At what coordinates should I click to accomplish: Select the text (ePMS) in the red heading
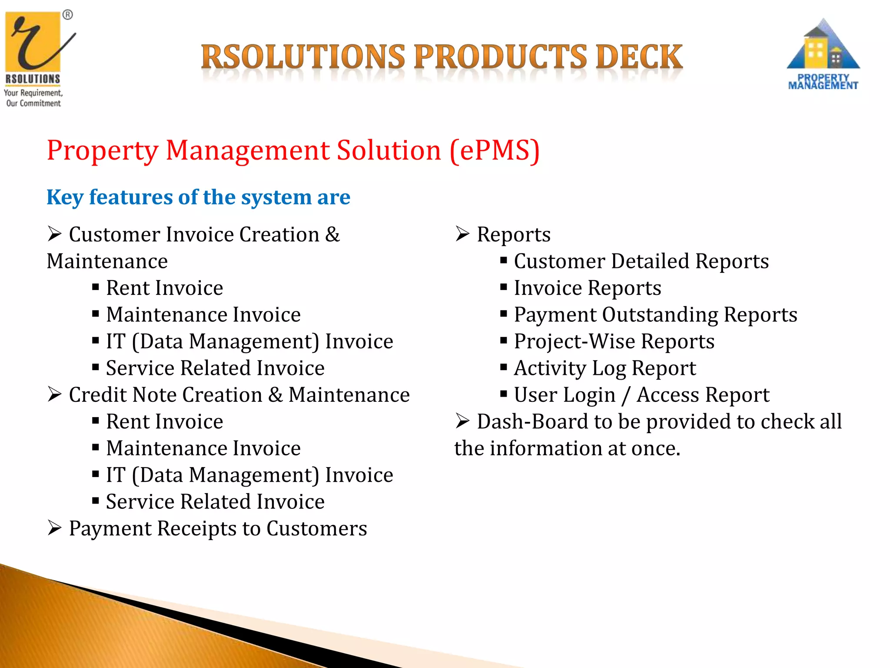point(495,150)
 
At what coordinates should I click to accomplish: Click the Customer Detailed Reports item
point(641,261)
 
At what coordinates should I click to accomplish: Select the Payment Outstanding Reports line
point(655,315)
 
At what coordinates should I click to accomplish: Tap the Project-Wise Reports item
point(614,341)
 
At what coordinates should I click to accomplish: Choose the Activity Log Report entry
point(604,368)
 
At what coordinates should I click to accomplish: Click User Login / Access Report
point(641,395)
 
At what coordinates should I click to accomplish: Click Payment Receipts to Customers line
point(217,529)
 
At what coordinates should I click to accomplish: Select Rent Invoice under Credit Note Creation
point(164,422)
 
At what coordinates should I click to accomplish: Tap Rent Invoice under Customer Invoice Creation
point(164,288)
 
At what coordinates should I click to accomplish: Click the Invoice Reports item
point(587,288)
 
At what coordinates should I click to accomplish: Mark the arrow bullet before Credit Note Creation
point(55,394)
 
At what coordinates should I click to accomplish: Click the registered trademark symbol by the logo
point(68,15)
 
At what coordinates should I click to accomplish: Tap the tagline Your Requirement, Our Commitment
point(33,98)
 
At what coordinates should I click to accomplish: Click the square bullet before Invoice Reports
point(504,287)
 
